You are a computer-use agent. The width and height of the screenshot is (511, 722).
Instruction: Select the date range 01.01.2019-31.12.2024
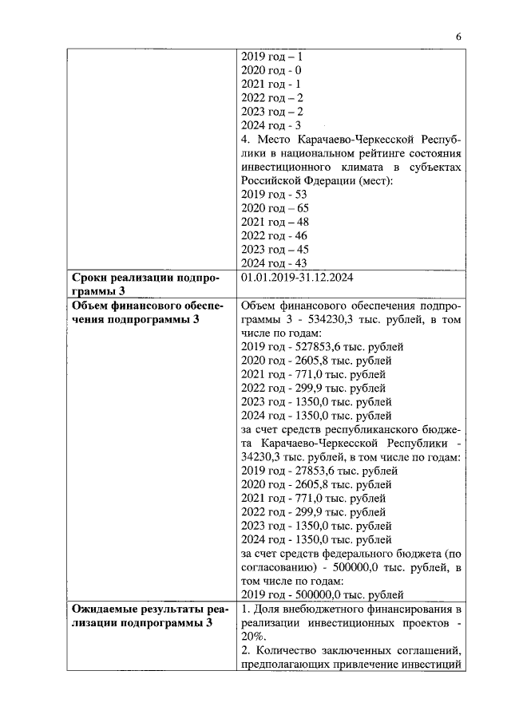coord(297,278)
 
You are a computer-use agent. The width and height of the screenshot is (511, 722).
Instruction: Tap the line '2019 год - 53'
coord(274,195)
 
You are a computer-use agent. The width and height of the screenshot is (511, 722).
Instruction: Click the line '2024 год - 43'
coord(274,263)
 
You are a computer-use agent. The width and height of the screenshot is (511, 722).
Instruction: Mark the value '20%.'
coord(255,637)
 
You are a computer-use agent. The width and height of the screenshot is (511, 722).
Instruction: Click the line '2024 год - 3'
coord(271,125)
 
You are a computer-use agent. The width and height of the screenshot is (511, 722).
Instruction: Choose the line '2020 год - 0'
coord(271,71)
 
